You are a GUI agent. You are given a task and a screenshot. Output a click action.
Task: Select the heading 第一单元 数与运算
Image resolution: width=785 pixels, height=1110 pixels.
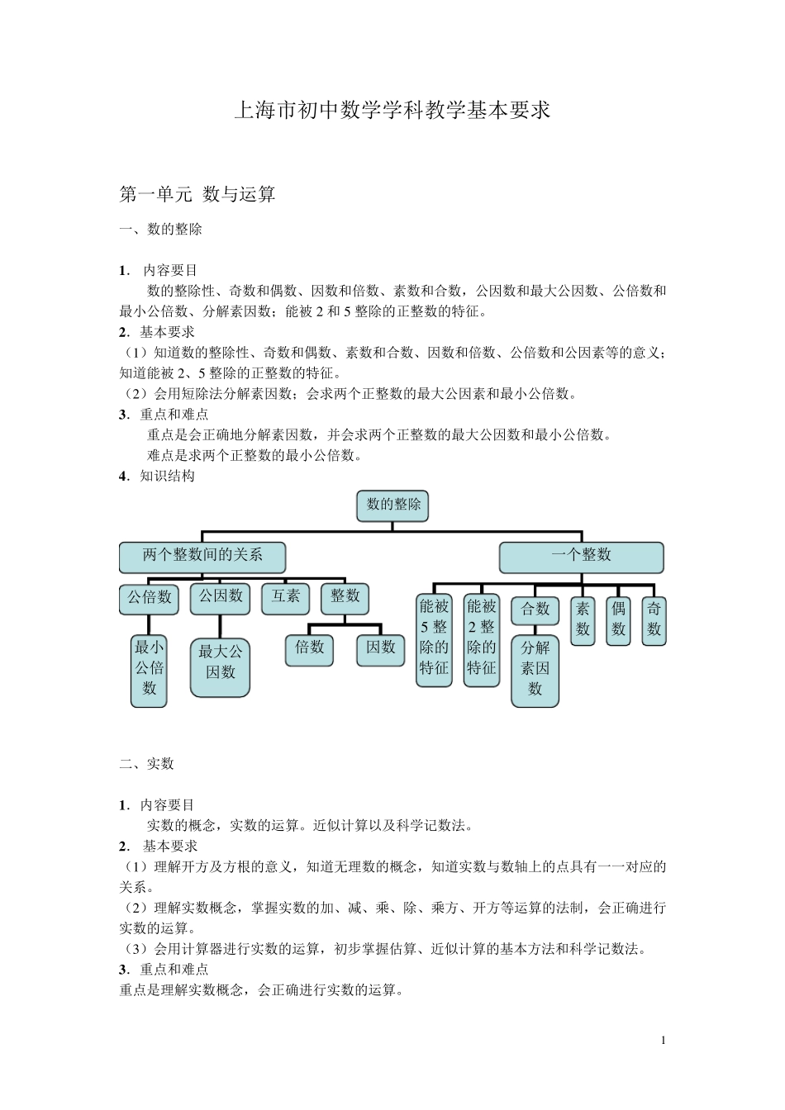pyautogui.click(x=197, y=195)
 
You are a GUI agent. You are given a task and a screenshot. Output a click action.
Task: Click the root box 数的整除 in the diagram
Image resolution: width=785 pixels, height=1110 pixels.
pyautogui.click(x=392, y=505)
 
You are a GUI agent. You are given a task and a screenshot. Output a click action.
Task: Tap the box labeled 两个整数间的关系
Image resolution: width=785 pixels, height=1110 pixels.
pyautogui.click(x=202, y=557)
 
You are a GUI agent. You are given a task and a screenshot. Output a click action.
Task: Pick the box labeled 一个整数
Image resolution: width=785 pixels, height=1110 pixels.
pyautogui.click(x=581, y=557)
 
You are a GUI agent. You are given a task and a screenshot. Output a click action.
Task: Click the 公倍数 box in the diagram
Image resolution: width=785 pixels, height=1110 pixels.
pyautogui.click(x=150, y=597)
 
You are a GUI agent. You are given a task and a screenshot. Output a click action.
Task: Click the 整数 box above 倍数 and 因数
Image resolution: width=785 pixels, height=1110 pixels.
pyautogui.click(x=345, y=597)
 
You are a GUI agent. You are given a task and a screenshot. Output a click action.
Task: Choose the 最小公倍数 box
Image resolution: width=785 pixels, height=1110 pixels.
pyautogui.click(x=149, y=669)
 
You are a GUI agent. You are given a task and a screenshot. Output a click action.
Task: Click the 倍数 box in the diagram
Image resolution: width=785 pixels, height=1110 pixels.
pyautogui.click(x=309, y=649)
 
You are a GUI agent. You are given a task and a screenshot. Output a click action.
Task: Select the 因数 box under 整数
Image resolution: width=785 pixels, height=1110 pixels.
pyautogui.click(x=381, y=649)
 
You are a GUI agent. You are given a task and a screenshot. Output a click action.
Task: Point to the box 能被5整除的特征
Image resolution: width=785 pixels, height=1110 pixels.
pyautogui.click(x=434, y=639)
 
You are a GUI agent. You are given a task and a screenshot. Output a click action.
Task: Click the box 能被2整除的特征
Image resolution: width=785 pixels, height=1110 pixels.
pyautogui.click(x=481, y=639)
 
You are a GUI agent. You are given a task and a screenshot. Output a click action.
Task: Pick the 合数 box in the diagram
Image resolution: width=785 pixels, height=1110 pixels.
pyautogui.click(x=535, y=610)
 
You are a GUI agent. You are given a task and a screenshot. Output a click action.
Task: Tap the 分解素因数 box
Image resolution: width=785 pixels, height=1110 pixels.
pyautogui.click(x=535, y=670)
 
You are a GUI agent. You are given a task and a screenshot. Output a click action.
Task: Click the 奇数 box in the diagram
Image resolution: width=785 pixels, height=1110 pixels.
pyautogui.click(x=654, y=620)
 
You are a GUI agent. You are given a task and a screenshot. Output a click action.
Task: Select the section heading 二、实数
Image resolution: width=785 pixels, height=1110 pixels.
pyautogui.click(x=146, y=764)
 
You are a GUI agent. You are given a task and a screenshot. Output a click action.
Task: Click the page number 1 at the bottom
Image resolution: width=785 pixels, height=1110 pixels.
pyautogui.click(x=663, y=1040)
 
